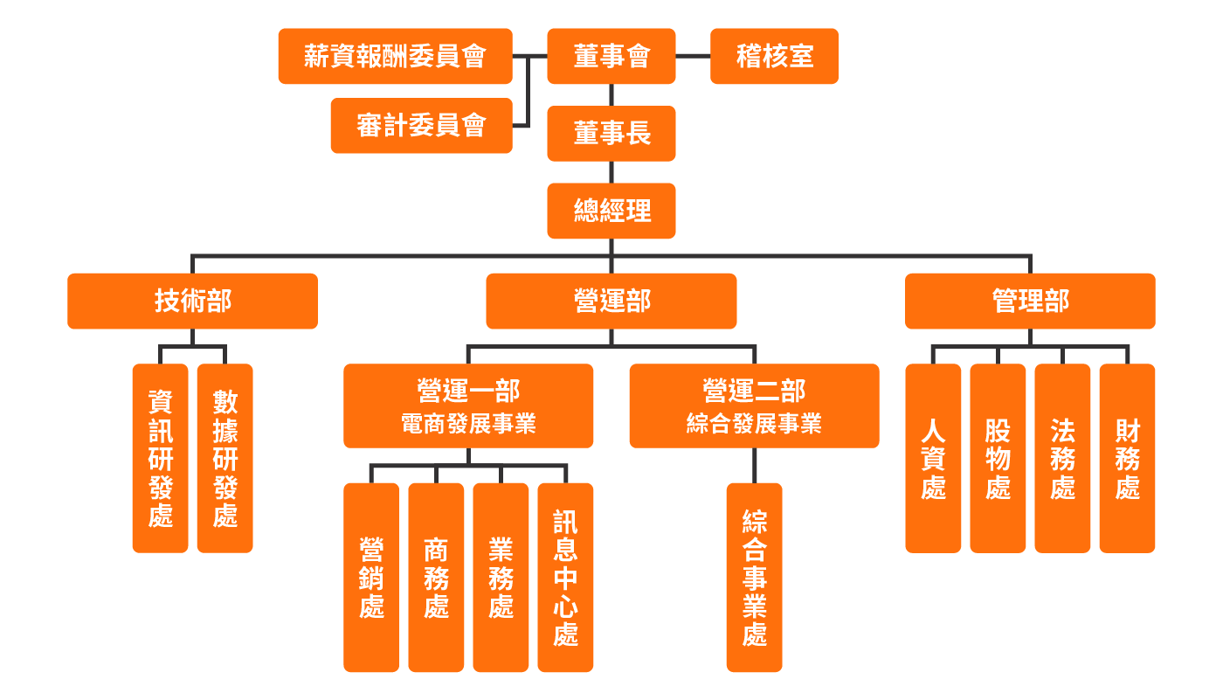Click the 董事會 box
click(x=611, y=56)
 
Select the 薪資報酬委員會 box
click(x=395, y=56)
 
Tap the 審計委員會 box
click(x=421, y=125)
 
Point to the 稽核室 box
click(x=774, y=56)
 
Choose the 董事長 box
click(x=611, y=133)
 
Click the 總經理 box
click(x=611, y=211)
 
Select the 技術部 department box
click(x=192, y=301)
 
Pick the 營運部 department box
click(x=611, y=301)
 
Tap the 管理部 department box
click(x=1030, y=301)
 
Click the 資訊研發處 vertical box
click(x=160, y=458)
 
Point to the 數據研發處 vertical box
click(x=225, y=458)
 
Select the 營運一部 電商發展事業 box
click(x=468, y=405)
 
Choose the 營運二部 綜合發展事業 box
click(x=754, y=405)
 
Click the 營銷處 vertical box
click(x=371, y=577)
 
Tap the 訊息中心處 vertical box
click(x=565, y=577)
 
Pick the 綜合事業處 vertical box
click(x=754, y=577)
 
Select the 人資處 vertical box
click(x=933, y=458)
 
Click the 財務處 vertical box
click(x=1127, y=458)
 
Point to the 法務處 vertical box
click(x=1062, y=458)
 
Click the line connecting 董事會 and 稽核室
click(x=693, y=56)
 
